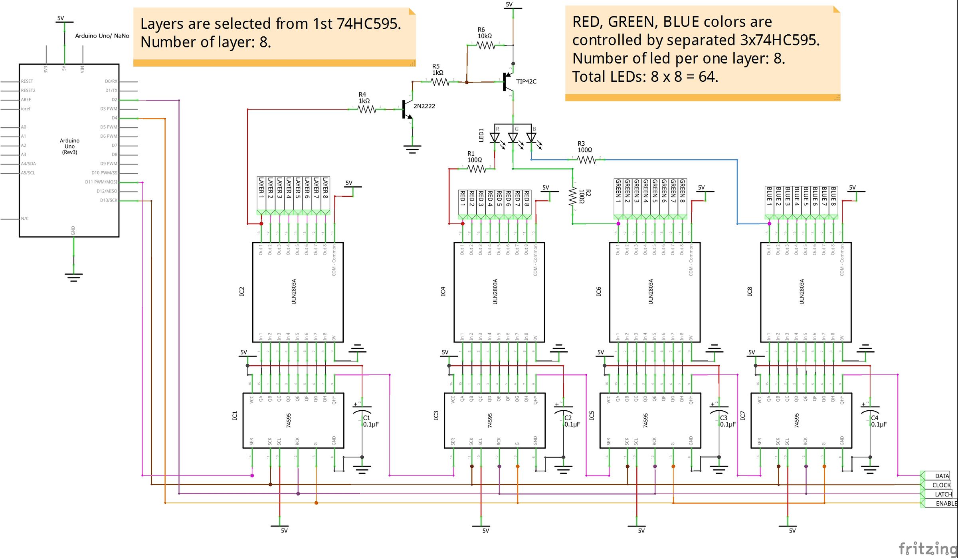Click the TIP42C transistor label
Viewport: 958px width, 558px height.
pos(526,81)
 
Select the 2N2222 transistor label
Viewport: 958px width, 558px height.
pos(424,106)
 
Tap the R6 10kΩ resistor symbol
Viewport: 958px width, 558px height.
pos(486,46)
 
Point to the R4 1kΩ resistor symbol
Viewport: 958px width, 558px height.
pos(367,109)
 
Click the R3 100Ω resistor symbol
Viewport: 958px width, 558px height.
pos(586,160)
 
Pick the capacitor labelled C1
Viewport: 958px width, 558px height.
pos(362,411)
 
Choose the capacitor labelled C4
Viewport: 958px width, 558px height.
pos(870,411)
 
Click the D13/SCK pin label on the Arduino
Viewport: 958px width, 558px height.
pos(109,200)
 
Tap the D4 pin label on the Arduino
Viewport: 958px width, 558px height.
pos(115,118)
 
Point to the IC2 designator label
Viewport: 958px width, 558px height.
pos(241,291)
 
